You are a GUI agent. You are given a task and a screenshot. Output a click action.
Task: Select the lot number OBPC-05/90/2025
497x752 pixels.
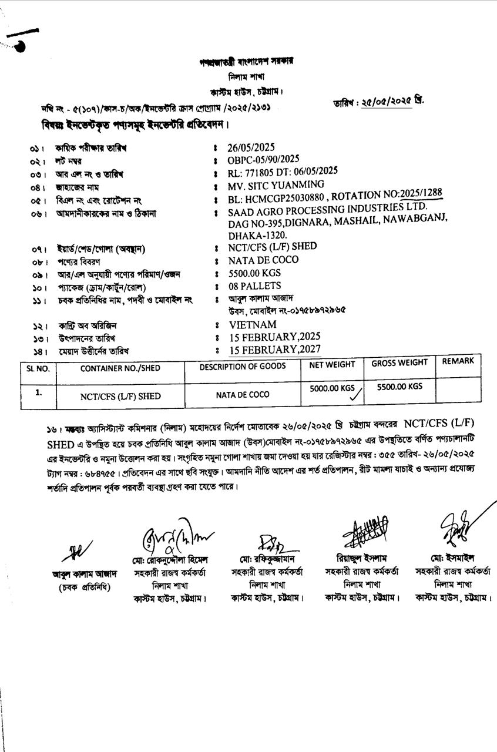(x=264, y=159)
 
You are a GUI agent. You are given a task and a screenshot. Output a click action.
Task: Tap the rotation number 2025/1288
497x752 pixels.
(x=421, y=194)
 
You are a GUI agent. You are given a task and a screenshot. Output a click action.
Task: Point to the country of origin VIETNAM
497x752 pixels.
(x=253, y=325)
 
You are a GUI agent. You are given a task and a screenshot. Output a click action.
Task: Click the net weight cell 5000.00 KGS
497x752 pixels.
(x=333, y=388)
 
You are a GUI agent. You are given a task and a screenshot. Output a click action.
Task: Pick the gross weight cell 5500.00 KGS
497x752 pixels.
(x=399, y=387)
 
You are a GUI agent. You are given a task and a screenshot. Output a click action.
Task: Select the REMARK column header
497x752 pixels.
(x=458, y=361)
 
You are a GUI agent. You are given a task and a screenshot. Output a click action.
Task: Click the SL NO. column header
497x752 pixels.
(x=38, y=368)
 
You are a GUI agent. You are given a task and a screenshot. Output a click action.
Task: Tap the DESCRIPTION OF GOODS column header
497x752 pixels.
(x=243, y=366)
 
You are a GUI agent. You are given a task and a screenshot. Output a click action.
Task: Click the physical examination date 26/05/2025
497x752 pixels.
(x=251, y=147)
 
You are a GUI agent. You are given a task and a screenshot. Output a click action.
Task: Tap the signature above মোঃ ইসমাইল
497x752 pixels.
(x=455, y=526)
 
